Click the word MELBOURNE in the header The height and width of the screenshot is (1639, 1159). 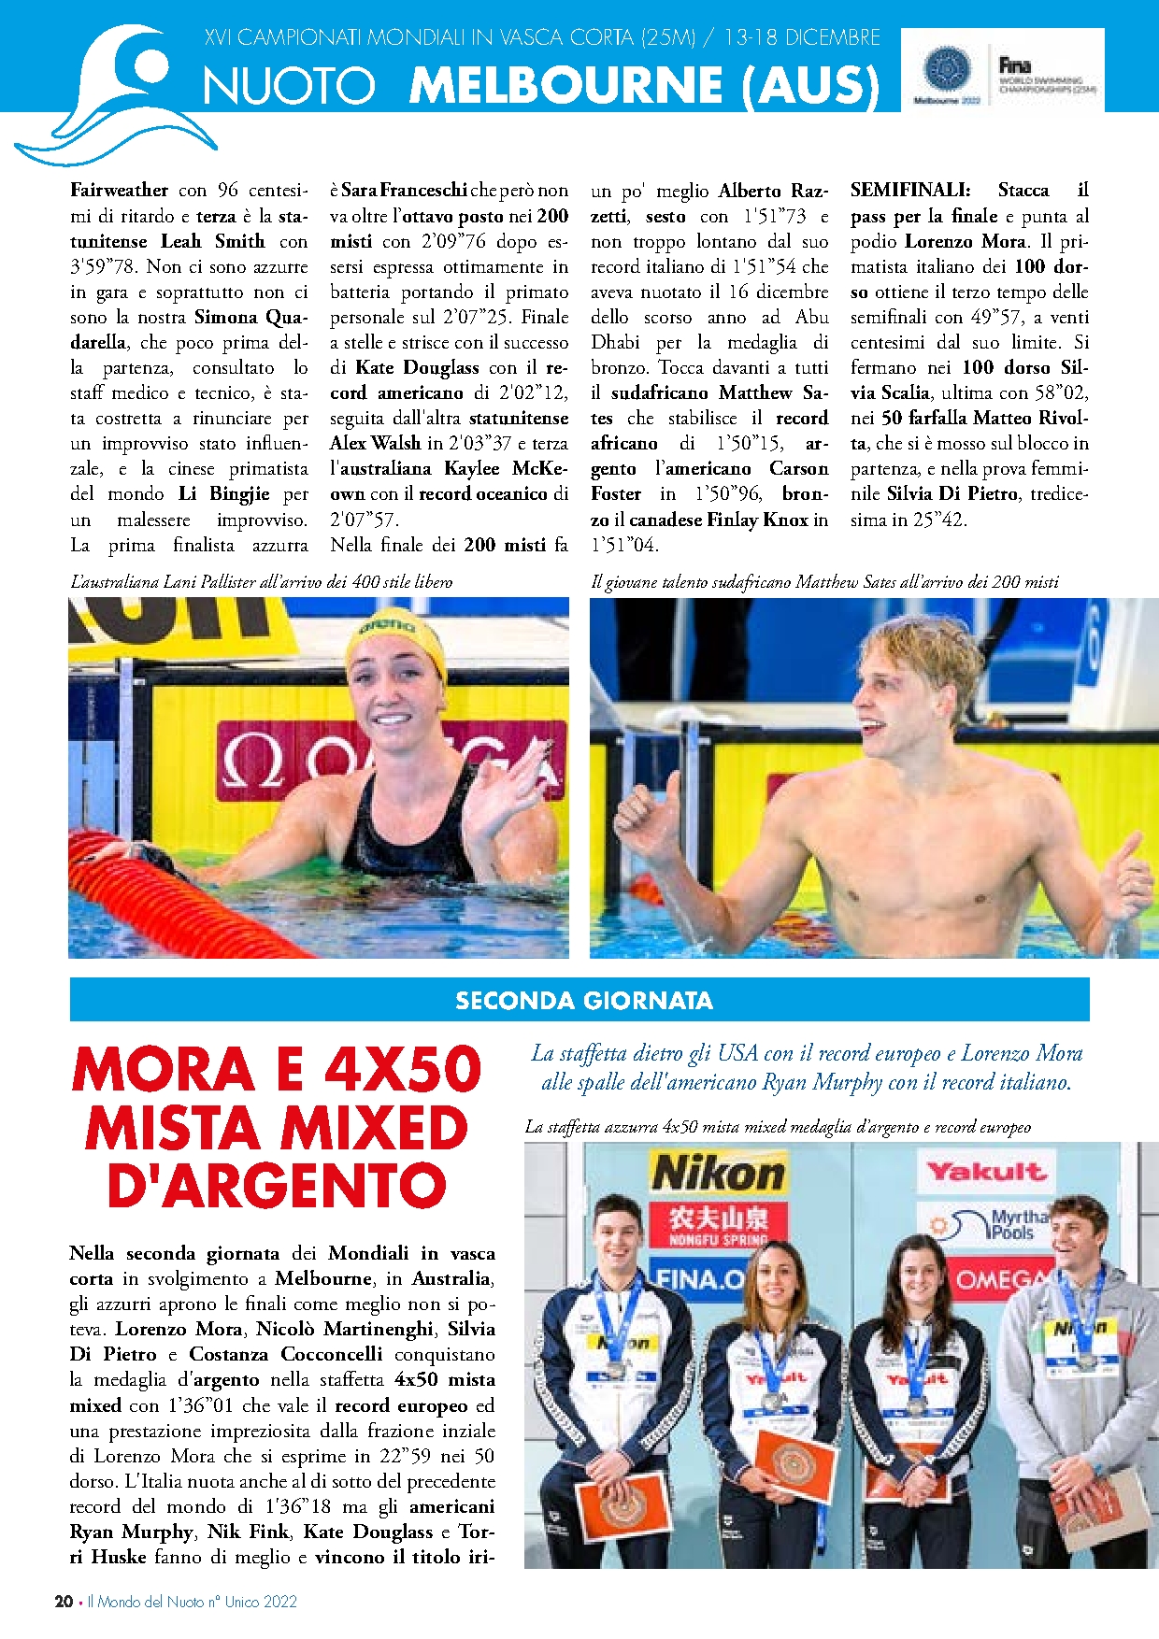tap(565, 85)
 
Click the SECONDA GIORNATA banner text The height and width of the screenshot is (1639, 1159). tap(584, 1001)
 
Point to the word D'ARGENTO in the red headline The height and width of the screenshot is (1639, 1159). tap(277, 1186)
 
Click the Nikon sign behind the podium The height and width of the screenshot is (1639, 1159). tap(718, 1172)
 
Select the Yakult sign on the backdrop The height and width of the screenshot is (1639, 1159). tap(985, 1172)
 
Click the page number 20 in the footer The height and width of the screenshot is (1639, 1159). tap(64, 1601)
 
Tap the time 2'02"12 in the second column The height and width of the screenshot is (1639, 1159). tap(533, 392)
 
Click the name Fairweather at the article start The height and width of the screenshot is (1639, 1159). tap(120, 191)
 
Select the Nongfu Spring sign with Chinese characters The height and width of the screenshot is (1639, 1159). tap(718, 1223)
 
